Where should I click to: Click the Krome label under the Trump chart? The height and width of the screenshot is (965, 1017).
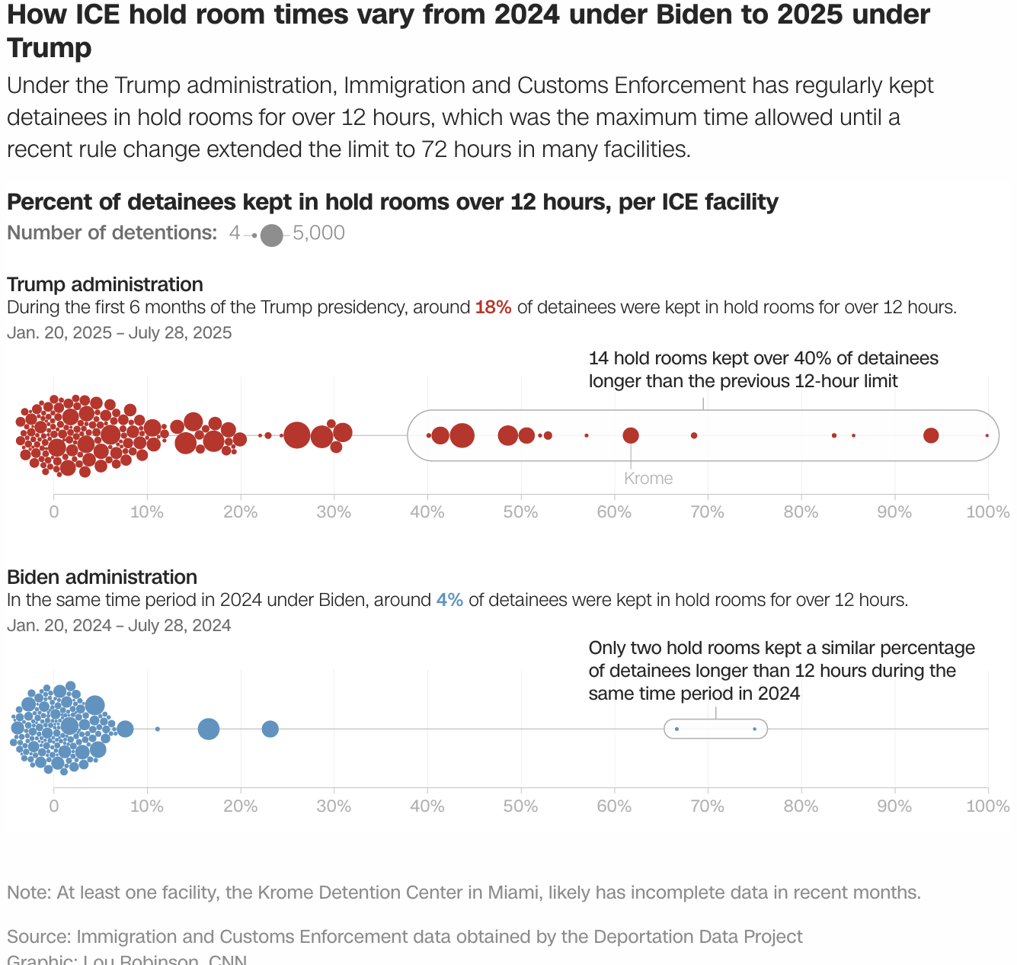648,479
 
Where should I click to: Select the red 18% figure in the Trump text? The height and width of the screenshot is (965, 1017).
493,307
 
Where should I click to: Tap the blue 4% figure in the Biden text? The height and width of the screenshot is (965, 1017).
449,600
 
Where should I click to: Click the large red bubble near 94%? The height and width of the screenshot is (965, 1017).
931,435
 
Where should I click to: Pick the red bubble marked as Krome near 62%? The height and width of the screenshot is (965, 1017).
631,435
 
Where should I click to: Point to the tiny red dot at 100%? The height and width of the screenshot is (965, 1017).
987,435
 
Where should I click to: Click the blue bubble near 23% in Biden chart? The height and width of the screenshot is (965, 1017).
270,729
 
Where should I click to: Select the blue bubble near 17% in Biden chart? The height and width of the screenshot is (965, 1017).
209,729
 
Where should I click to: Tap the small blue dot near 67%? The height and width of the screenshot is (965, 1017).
676,729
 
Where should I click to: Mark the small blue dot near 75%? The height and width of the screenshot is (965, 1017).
754,729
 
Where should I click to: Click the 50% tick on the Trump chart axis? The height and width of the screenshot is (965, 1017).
520,512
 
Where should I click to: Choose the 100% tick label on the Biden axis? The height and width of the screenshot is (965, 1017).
987,806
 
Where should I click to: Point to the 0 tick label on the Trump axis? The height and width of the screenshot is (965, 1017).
53,512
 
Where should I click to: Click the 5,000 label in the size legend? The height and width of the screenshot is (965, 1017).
318,233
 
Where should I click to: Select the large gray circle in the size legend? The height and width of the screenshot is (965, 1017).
271,236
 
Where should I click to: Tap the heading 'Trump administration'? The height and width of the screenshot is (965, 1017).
105,284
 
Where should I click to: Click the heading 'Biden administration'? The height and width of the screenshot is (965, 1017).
102,577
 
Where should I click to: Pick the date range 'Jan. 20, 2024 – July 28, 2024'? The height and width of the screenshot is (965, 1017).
119,626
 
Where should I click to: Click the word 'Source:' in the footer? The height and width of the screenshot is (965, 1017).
39,937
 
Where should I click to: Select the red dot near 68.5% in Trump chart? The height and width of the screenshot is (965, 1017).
693,435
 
